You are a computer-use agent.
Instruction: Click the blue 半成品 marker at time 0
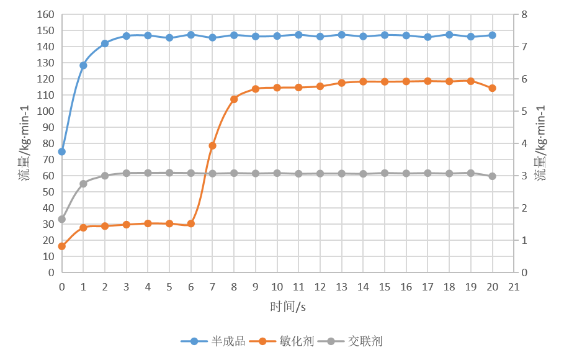point(61,151)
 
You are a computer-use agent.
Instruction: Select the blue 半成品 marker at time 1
point(83,65)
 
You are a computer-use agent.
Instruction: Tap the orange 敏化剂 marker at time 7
point(212,145)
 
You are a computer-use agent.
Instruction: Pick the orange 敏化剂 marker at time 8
point(234,99)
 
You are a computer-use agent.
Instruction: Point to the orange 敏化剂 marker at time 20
point(493,88)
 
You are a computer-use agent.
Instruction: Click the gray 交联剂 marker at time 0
point(61,219)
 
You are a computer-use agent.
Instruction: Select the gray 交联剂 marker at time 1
point(83,184)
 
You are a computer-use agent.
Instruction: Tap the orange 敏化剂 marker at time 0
point(61,246)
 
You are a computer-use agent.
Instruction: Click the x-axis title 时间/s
point(288,307)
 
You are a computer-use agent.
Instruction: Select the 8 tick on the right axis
point(524,14)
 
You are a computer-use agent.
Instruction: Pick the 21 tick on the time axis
point(514,287)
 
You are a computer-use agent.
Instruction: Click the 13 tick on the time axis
point(341,287)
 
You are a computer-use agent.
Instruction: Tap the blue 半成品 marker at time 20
point(493,35)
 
